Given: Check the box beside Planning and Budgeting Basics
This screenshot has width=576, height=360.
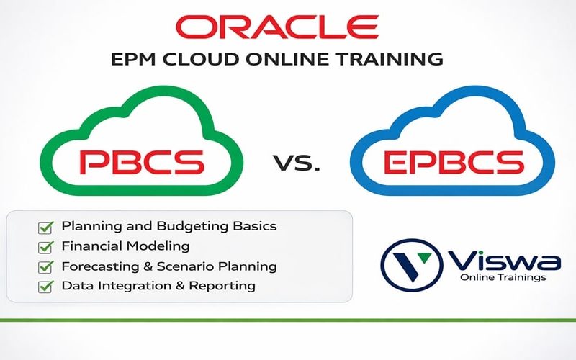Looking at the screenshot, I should [45, 227].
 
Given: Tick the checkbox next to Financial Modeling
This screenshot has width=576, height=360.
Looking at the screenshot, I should [45, 247].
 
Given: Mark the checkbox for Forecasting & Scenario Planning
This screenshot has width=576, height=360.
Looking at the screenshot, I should [45, 267].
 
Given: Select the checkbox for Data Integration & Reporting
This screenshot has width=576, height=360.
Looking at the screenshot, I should [45, 287].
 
